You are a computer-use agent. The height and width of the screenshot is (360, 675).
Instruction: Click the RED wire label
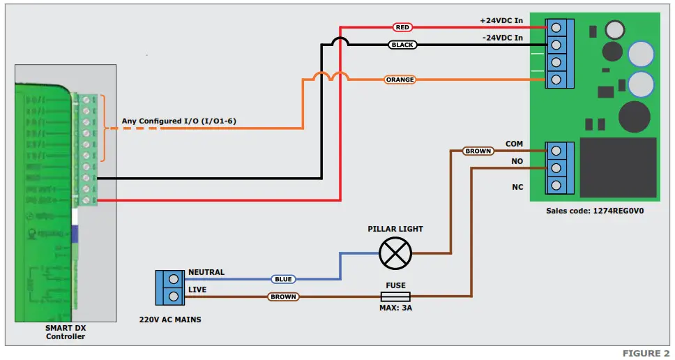(402, 27)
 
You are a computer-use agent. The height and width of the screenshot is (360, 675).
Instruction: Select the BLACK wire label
(402, 45)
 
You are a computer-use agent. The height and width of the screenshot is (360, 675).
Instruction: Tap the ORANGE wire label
(400, 80)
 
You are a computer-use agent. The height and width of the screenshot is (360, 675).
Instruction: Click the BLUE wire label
(283, 279)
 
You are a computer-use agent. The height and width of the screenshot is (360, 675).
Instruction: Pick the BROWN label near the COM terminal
(478, 151)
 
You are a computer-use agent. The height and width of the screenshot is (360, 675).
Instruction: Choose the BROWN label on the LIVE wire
(283, 297)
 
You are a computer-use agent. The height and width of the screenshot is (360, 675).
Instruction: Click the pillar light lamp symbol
(395, 253)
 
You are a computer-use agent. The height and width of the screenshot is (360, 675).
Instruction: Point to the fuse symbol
(395, 297)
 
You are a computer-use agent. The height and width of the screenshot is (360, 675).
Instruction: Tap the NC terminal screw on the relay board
(556, 186)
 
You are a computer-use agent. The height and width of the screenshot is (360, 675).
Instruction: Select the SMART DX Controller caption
(66, 332)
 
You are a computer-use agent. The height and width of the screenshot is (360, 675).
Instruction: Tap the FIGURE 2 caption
(642, 353)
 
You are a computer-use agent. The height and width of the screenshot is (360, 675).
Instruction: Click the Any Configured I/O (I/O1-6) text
(179, 121)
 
